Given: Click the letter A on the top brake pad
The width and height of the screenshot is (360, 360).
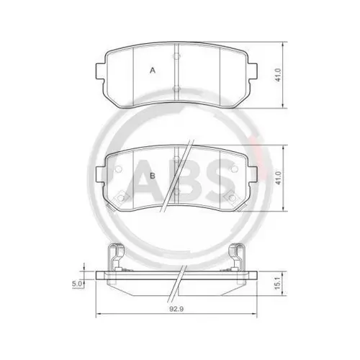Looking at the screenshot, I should tap(153, 70).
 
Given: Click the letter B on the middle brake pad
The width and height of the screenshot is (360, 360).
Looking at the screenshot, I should tap(153, 175).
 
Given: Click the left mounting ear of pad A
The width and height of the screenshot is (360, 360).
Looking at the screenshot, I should tap(101, 71).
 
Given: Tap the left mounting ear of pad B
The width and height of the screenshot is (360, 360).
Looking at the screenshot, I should tap(101, 175).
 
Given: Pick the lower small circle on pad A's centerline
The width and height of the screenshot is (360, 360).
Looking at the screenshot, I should tap(177, 87).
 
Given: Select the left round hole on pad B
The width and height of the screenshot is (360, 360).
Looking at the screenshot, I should tap(120, 170).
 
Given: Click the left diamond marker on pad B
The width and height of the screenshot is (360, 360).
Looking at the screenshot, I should tap(123, 197).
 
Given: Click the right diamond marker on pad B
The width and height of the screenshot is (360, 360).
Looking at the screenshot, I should tap(231, 197).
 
